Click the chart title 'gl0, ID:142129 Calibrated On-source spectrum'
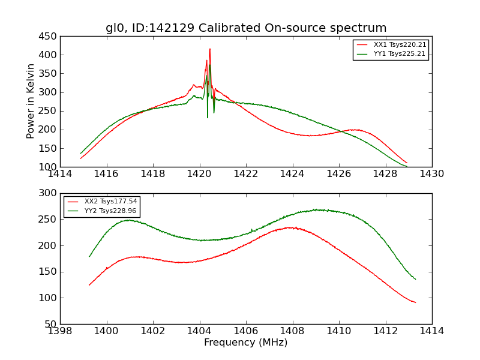pyautogui.click(x=246, y=28)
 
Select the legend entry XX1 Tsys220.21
pyautogui.click(x=400, y=45)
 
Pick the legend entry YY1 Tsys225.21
pyautogui.click(x=400, y=54)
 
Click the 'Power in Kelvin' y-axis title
pyautogui.click(x=31, y=101)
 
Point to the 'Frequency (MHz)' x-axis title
pyautogui.click(x=246, y=343)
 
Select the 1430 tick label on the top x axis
pyautogui.click(x=432, y=174)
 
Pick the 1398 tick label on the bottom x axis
pyautogui.click(x=60, y=331)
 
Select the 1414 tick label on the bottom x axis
pyautogui.click(x=432, y=331)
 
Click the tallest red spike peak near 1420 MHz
pyautogui.click(x=210, y=49)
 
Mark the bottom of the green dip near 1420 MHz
pyautogui.click(x=208, y=117)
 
